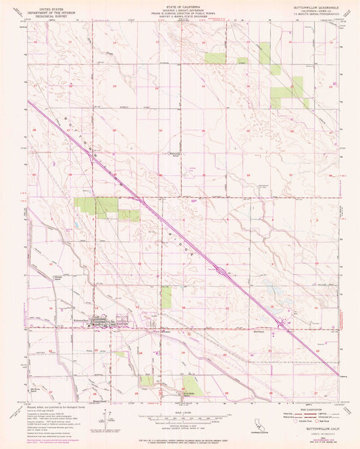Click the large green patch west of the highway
click(x=95, y=206)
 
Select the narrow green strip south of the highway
click(x=166, y=297)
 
